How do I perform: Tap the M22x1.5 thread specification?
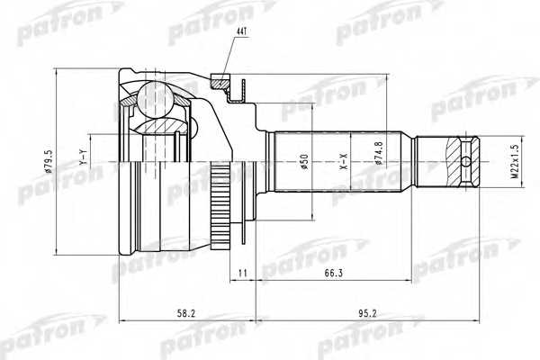coord(514,163)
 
